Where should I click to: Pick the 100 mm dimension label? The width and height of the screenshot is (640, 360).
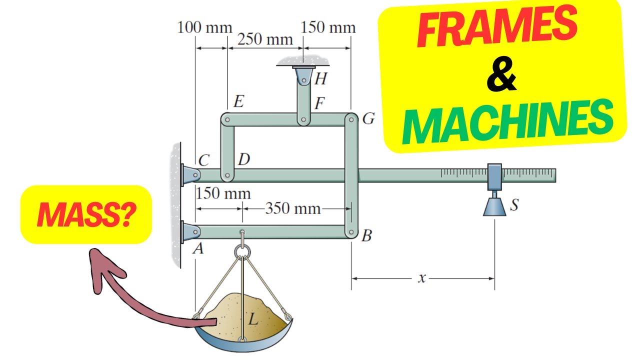[204, 27]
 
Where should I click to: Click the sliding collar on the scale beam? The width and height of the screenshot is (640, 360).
[494, 175]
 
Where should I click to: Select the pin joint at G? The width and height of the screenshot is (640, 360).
[351, 120]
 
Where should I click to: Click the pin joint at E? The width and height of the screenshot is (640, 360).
[227, 120]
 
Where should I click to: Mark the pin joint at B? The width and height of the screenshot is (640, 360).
[351, 232]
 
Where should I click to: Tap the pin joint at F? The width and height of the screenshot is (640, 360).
[303, 120]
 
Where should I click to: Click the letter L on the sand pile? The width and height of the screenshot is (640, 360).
[253, 318]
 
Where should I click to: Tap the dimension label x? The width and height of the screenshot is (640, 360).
[421, 278]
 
